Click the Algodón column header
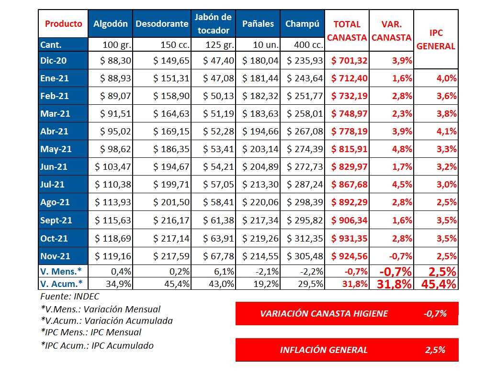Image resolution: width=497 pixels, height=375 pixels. [111, 24]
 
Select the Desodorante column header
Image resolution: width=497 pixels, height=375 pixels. [162, 24]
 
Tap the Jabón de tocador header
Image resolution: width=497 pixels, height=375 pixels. [213, 24]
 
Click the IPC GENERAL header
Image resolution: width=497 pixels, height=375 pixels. [436, 40]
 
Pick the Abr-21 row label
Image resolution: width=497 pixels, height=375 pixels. [55, 131]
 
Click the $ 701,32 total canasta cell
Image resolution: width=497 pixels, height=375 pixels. [349, 60]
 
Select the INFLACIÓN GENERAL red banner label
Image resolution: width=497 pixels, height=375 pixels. [324, 350]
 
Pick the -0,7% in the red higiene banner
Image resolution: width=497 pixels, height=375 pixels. [435, 314]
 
